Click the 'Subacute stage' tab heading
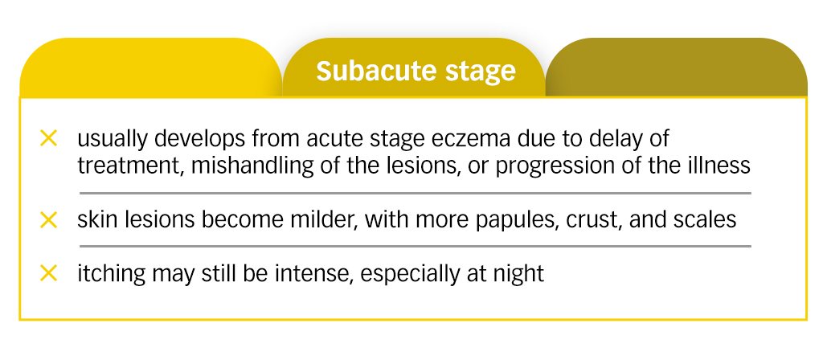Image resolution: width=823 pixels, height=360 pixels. pos(415,72)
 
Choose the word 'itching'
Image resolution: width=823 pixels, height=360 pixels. pos(109,274)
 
